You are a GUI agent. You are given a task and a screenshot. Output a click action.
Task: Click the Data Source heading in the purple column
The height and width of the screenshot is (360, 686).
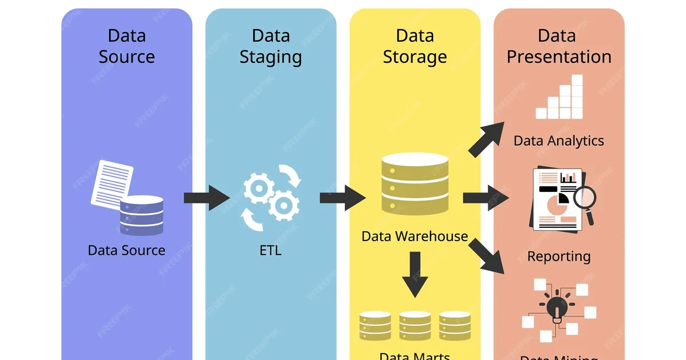coord(127,46)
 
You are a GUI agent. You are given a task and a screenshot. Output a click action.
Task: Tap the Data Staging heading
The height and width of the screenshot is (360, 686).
coord(270,46)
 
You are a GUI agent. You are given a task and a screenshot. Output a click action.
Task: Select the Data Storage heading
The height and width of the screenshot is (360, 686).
coord(414,46)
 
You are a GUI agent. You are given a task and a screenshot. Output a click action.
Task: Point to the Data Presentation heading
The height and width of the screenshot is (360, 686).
coord(559,46)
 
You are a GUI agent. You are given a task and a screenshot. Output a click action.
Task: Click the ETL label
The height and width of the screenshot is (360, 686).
coord(270,250)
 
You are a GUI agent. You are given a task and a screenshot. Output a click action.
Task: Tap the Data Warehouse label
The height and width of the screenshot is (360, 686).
coord(414,236)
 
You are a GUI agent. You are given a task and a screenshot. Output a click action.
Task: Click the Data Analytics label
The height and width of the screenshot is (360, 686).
coord(559,141)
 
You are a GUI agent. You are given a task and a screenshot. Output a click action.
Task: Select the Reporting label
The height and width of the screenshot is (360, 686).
coord(559,256)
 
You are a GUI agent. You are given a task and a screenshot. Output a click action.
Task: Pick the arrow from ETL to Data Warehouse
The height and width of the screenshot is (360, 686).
coord(342,198)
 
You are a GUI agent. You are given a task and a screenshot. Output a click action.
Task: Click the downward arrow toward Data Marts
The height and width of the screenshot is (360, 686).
coord(414,274)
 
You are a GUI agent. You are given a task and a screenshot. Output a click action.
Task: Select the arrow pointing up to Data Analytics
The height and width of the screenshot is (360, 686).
coord(486,139)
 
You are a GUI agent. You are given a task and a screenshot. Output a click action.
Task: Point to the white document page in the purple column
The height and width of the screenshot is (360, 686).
coord(111,182)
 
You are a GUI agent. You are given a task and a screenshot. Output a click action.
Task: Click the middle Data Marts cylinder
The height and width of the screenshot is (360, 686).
coord(414,326)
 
